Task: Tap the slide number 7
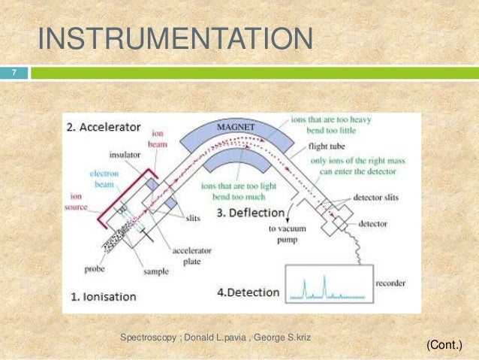click(13, 74)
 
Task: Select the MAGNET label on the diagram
click(235, 127)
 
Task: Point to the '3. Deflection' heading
click(249, 213)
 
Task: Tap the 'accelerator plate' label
click(191, 256)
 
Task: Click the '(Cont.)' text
click(444, 345)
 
